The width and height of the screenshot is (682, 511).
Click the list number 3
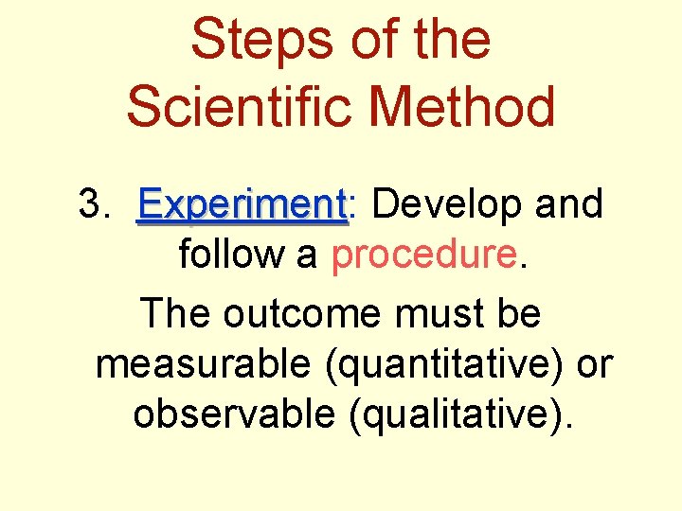(92, 203)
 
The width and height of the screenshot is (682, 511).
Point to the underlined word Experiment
(242, 203)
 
